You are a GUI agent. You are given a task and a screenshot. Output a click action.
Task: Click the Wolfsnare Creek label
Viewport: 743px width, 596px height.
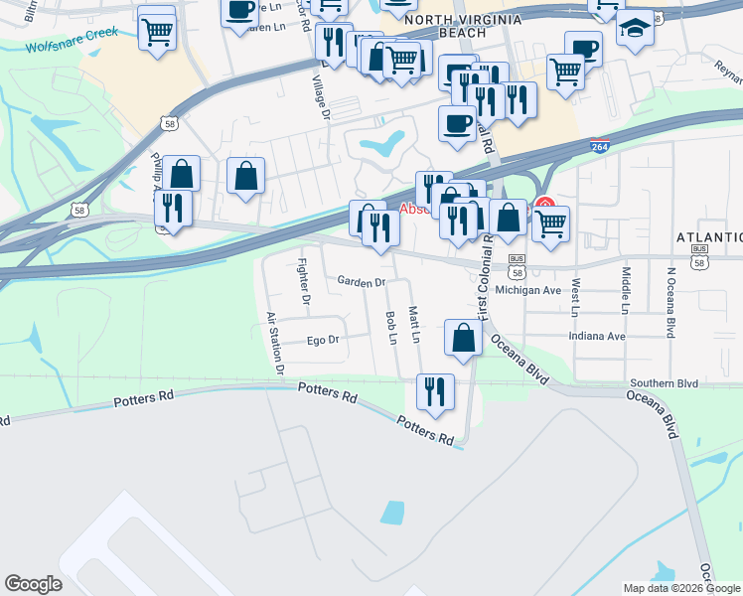72,40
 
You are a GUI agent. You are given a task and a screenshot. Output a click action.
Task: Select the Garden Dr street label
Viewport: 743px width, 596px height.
361,282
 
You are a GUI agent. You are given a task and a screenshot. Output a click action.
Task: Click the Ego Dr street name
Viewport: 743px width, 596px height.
323,340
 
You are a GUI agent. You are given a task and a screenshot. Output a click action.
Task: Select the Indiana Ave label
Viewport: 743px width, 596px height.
597,336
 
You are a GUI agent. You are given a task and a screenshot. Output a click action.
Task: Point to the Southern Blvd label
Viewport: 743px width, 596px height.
664,382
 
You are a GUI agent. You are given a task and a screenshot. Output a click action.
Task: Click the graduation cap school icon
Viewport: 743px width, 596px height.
635,32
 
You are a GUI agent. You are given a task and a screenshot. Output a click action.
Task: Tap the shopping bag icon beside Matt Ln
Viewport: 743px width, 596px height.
464,339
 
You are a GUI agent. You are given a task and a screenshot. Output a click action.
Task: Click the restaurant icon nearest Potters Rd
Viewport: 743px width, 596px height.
434,392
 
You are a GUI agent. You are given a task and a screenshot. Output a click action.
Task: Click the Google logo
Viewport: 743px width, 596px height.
33,584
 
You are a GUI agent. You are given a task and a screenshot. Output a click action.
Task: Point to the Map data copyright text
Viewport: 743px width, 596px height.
681,588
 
